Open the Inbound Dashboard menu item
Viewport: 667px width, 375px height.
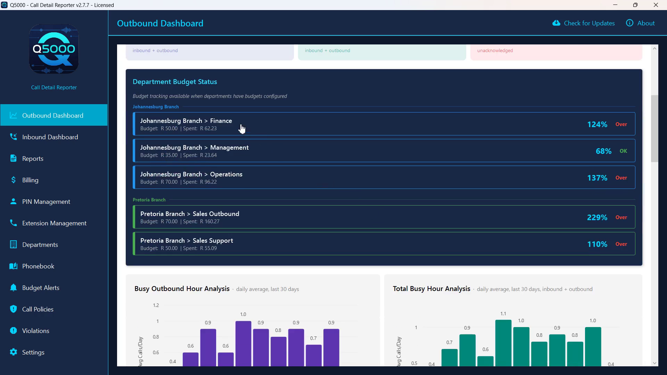50,137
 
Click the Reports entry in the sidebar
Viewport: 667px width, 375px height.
33,159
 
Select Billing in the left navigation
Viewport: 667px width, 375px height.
30,180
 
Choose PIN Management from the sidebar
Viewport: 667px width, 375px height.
46,202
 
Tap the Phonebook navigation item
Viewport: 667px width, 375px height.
38,266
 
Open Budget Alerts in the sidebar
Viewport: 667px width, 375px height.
41,288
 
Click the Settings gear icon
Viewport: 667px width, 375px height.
14,352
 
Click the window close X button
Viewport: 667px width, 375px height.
656,5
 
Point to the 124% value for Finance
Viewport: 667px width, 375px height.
597,124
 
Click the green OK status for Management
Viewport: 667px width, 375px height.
624,151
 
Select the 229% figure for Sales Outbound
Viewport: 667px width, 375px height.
597,217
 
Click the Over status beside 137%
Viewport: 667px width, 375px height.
621,178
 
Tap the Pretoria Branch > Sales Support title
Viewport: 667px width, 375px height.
187,241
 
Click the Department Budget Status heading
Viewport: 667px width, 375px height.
175,82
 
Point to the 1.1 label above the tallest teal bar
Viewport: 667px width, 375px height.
503,314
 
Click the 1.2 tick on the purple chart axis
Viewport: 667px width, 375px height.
156,305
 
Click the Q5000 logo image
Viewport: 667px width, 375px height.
54,49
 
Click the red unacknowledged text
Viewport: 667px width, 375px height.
495,51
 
